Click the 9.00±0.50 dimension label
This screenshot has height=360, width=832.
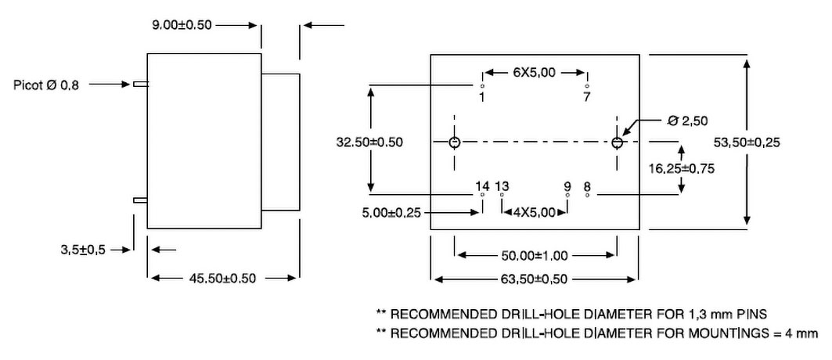click(182, 25)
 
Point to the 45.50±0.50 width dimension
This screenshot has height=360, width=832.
click(224, 278)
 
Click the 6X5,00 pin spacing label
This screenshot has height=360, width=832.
click(534, 73)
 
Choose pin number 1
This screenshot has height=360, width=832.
click(481, 97)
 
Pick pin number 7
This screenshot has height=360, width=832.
click(587, 97)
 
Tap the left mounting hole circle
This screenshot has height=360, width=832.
click(454, 142)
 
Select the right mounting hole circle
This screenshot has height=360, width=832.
click(618, 142)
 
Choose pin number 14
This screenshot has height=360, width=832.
click(482, 185)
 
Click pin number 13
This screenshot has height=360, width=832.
click(502, 185)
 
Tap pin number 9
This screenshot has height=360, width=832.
click(567, 185)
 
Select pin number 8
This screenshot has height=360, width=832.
click(587, 185)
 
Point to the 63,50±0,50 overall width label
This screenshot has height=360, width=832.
click(535, 279)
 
